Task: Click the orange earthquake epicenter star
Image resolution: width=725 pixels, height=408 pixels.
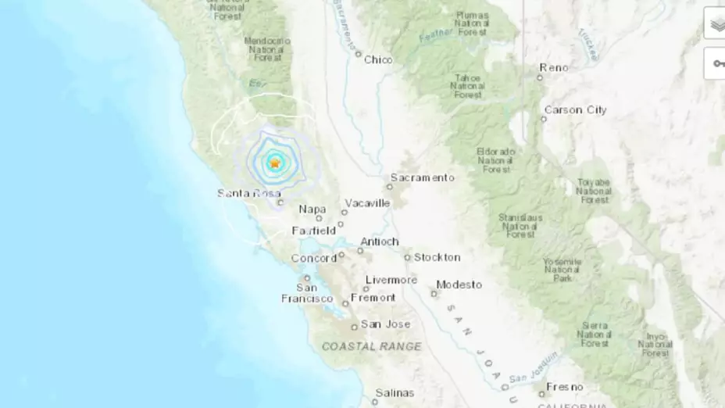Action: tap(275, 163)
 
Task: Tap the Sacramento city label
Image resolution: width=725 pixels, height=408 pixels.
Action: tap(422, 177)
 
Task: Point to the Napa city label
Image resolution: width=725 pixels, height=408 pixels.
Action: tap(312, 209)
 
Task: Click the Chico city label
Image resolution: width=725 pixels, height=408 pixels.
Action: tap(378, 59)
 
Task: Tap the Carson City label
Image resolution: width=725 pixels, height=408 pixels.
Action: tap(575, 110)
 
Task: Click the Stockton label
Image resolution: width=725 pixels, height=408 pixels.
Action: tap(437, 257)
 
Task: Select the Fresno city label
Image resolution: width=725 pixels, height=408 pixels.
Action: tap(564, 387)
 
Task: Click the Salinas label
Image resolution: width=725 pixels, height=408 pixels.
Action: tap(395, 392)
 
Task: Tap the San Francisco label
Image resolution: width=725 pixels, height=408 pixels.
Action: tap(306, 292)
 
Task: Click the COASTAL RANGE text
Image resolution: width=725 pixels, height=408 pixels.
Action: tap(371, 346)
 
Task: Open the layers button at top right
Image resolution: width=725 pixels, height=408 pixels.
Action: tap(716, 23)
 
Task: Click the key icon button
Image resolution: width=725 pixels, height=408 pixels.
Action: tap(716, 63)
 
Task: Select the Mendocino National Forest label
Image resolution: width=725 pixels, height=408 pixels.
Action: tap(267, 48)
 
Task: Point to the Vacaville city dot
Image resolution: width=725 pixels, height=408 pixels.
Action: tap(344, 212)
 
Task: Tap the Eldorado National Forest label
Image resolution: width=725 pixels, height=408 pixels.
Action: tap(496, 159)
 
